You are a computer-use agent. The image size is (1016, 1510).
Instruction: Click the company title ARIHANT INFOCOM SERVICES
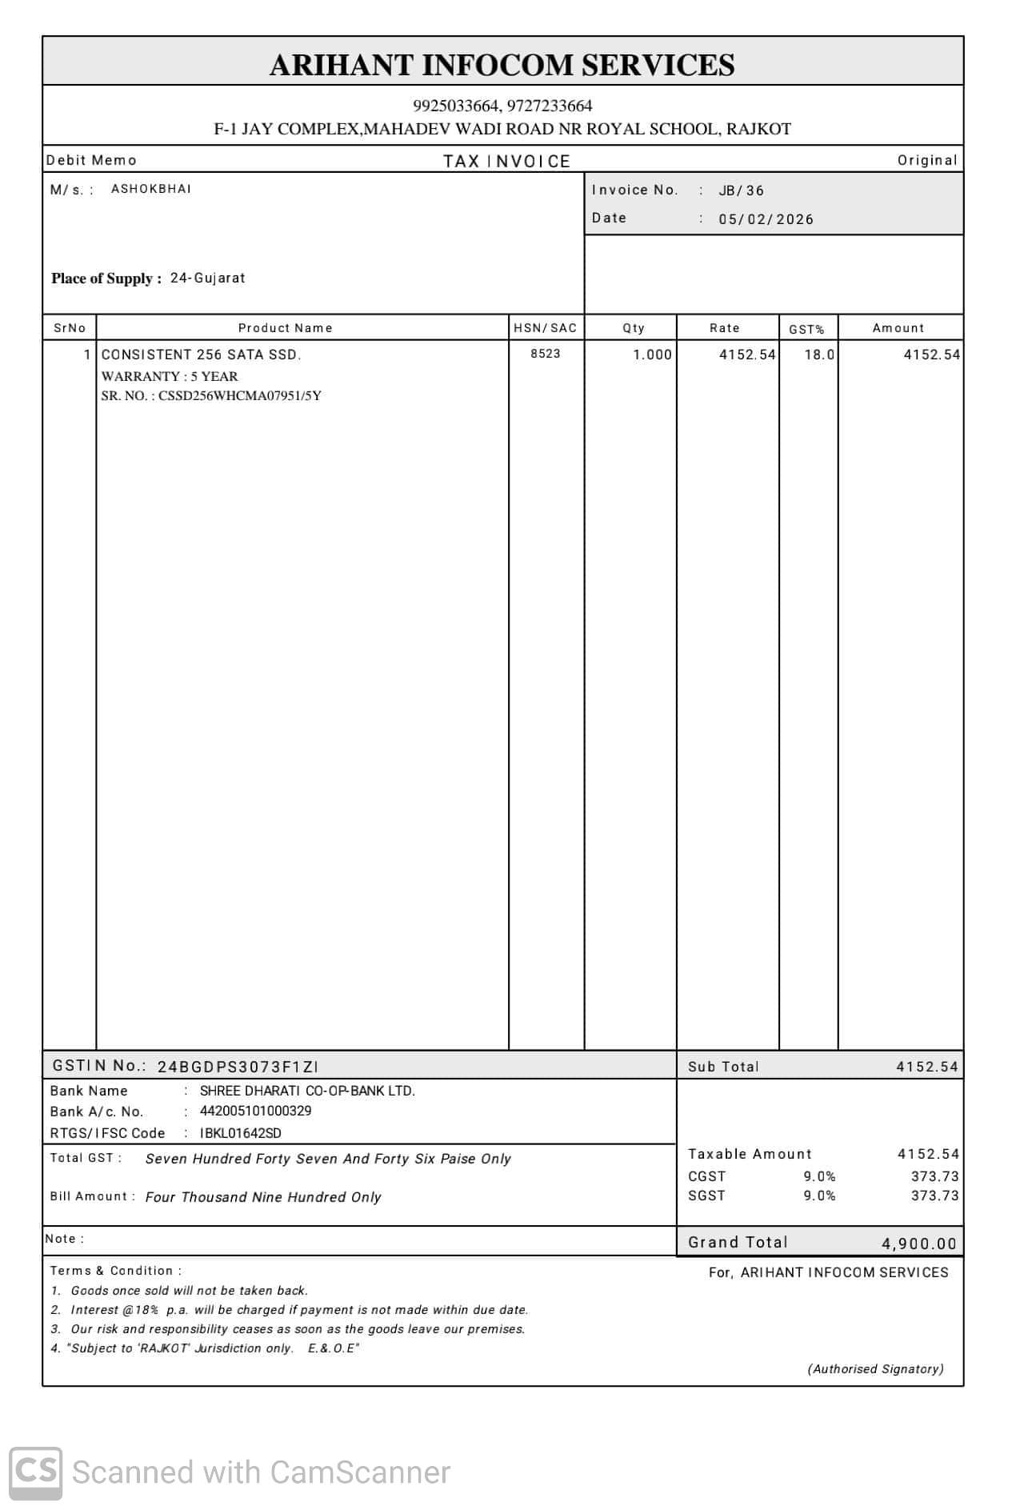tap(502, 65)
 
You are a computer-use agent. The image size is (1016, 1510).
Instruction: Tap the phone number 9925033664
tap(456, 106)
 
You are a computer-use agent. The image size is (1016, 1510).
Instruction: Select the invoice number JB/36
tap(741, 190)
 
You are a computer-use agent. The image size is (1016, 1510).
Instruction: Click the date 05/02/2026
tap(766, 219)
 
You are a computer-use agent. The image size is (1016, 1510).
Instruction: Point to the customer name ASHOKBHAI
tap(151, 189)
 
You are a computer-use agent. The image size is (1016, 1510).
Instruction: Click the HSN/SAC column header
tap(545, 328)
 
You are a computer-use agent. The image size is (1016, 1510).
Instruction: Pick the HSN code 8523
tap(545, 354)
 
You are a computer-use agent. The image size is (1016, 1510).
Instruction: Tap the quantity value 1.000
tap(652, 354)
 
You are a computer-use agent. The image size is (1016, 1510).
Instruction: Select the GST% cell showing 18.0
tap(818, 354)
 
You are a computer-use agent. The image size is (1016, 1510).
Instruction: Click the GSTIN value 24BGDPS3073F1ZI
tap(238, 1067)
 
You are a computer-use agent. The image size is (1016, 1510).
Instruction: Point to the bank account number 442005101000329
tap(255, 1111)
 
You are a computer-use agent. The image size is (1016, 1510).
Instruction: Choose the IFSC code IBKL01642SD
tap(240, 1133)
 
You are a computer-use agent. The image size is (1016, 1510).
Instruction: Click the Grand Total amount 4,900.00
tap(918, 1244)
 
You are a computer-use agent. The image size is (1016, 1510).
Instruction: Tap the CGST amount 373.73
tap(934, 1176)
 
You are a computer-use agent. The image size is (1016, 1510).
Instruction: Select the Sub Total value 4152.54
tap(926, 1067)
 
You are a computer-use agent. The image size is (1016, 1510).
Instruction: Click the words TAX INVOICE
tap(506, 162)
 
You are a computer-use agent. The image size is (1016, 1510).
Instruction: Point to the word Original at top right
tap(926, 160)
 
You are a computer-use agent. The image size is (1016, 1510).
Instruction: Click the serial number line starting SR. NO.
tap(211, 396)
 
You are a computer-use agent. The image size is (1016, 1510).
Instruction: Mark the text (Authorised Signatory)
tap(875, 1369)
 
